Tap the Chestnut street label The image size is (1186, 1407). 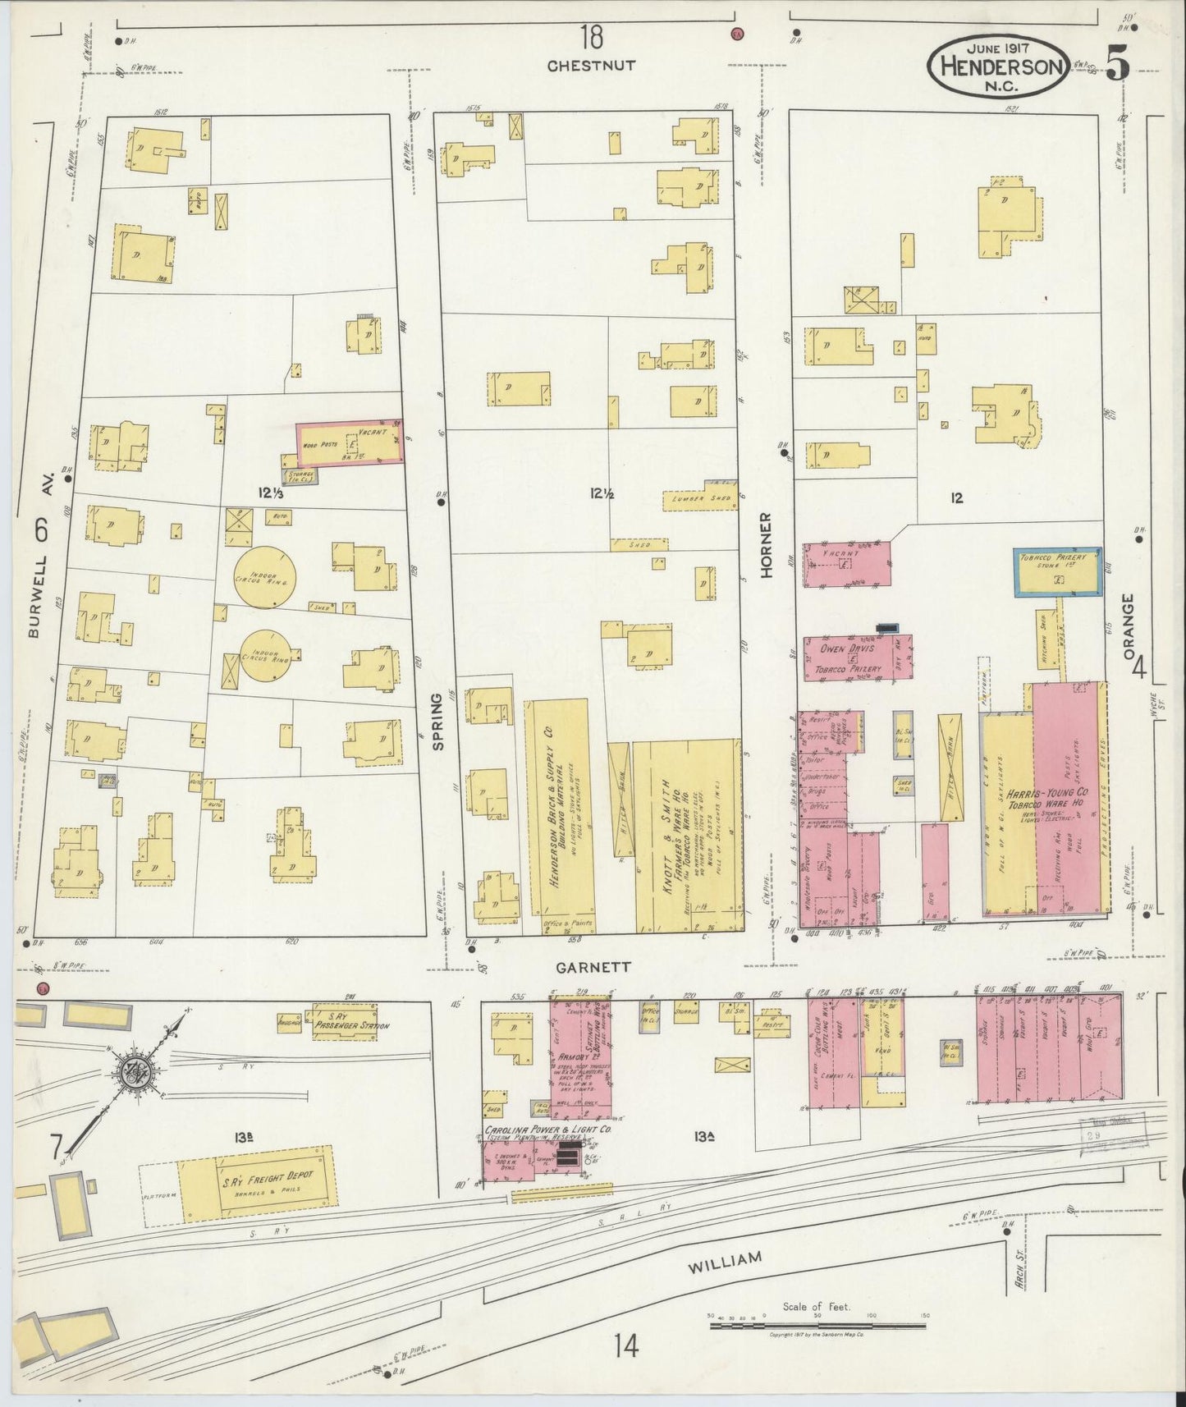(x=592, y=65)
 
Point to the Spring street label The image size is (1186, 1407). (x=438, y=721)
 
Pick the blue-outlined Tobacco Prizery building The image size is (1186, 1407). (x=1057, y=571)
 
